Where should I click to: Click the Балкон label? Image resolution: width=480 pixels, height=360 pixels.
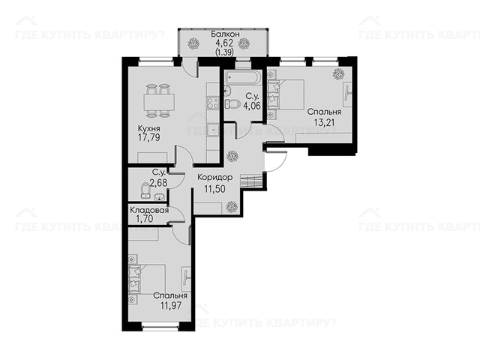click(225, 34)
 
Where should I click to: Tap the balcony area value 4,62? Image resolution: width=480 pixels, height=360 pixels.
click(225, 43)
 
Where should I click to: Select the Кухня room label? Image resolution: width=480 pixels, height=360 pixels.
click(148, 128)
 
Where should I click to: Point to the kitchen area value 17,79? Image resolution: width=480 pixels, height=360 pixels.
click(148, 137)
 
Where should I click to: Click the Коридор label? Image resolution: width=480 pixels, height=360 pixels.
click(215, 178)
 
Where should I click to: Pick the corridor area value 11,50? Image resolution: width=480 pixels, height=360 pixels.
click(215, 188)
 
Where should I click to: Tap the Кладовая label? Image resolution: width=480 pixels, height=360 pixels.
click(149, 210)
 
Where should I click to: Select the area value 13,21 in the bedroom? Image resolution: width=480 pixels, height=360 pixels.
click(324, 122)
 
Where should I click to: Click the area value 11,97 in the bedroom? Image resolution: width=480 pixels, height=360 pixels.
click(170, 305)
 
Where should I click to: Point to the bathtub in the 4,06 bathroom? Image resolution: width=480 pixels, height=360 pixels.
click(243, 76)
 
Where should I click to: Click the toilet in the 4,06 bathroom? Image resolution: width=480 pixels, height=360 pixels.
click(232, 104)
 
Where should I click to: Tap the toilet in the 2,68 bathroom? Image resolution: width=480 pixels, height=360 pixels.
click(145, 190)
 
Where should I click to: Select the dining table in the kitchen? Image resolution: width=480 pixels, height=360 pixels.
click(158, 101)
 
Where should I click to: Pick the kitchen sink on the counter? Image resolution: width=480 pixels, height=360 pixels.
click(213, 130)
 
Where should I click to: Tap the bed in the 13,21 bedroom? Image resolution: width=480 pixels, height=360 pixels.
click(286, 94)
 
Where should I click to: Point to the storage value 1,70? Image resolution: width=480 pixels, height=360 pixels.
click(145, 218)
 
